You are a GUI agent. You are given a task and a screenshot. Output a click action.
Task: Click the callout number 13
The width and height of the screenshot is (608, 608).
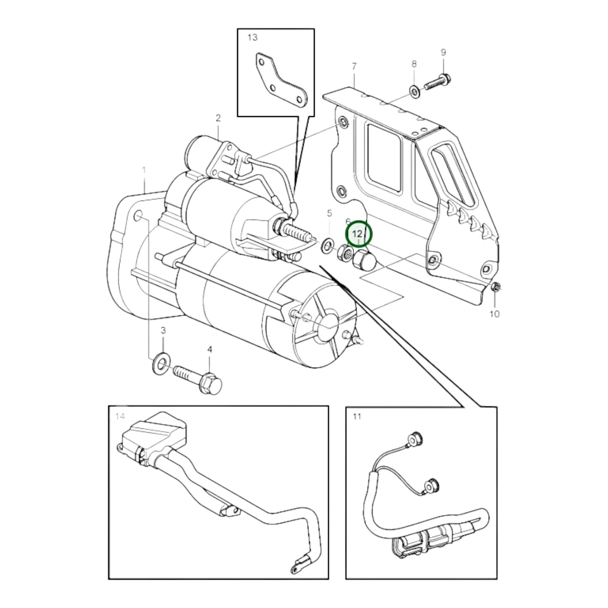pos(252,37)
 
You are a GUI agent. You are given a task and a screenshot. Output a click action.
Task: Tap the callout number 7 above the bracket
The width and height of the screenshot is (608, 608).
pos(354,66)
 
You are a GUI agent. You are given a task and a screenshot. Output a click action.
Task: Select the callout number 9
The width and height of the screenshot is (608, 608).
pos(443,52)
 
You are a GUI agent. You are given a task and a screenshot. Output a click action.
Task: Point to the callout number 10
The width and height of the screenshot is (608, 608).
pos(494,314)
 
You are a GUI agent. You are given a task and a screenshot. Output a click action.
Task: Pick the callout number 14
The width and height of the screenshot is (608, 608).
pos(120,417)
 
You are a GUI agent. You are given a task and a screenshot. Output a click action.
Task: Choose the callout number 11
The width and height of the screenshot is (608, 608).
pos(356,417)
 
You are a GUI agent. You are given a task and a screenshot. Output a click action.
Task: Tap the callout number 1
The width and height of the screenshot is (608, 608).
pos(144,170)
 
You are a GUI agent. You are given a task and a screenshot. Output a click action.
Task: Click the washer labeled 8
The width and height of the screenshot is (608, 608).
pos(414,91)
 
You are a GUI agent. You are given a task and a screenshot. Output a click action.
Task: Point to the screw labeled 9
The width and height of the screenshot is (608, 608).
pos(438,81)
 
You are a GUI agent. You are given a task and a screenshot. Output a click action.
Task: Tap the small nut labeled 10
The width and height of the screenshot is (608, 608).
pos(495,287)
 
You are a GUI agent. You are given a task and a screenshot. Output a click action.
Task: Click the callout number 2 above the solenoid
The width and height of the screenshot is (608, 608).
pos(218,118)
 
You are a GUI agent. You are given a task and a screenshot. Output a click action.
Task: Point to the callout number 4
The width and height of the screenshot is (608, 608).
pos(210,349)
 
